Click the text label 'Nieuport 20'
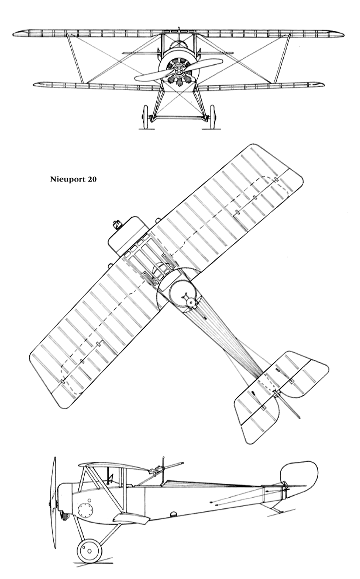pyautogui.click(x=73, y=179)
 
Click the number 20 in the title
pyautogui.click(x=91, y=179)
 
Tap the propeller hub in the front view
pyautogui.click(x=178, y=70)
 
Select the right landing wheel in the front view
pyautogui.click(x=213, y=117)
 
